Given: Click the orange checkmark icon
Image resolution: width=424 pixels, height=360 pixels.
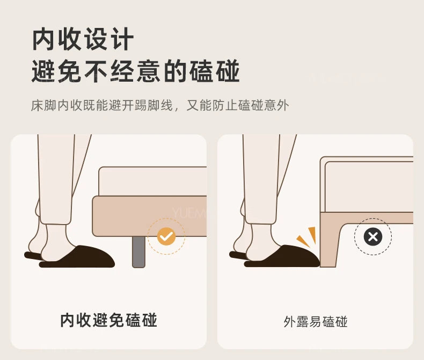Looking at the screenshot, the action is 166,236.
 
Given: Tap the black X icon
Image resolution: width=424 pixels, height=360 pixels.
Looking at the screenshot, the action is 373,236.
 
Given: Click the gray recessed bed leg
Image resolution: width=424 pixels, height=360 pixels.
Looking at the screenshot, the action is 138,251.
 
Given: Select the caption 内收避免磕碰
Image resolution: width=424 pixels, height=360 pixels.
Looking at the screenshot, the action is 108,320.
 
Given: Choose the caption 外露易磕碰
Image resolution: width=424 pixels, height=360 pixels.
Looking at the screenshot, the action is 315,322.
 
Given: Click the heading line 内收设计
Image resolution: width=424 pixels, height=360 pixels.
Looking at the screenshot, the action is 83,39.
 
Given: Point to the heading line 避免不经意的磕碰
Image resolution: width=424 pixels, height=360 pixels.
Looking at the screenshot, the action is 136,71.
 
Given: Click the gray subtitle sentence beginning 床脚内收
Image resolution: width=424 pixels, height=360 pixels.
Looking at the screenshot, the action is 160,105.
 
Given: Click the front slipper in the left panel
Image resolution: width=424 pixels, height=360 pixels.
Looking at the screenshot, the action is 77,257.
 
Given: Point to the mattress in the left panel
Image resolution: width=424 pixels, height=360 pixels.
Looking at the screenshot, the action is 153,181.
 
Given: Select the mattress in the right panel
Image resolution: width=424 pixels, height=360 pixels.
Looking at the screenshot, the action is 369,187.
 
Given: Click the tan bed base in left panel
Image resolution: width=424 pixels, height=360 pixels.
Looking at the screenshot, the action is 150,216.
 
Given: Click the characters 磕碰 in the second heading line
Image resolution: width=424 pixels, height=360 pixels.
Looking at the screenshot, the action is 215,71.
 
